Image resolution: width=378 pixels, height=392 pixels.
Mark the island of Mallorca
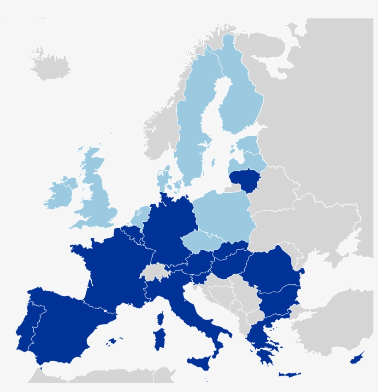pyautogui.click(x=112, y=342)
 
